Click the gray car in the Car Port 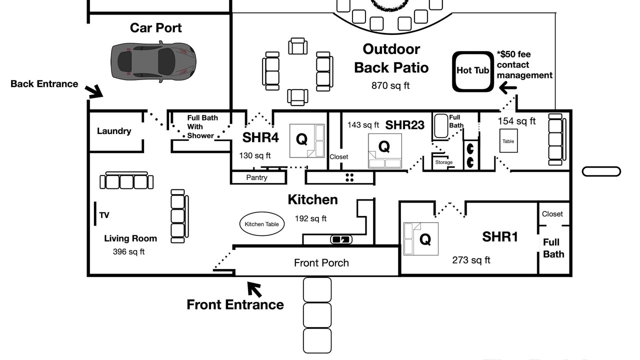coord(153,61)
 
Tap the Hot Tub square coord(473,71)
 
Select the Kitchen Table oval coord(261,224)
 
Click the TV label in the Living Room coord(104,215)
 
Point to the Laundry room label coord(114,131)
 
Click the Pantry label coord(256,177)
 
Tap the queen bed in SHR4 coord(307,141)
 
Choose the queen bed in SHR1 coord(421,239)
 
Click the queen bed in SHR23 coord(385,151)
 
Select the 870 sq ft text coord(390,85)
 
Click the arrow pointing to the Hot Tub coord(507,87)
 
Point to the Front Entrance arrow coord(254,289)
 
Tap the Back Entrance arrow coord(94,91)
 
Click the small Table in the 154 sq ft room coord(508,141)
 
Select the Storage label coord(443,162)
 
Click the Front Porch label coord(321,263)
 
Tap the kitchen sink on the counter coord(341,239)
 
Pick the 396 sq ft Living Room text coord(128,251)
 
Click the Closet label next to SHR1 coord(552,214)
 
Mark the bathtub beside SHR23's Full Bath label coord(441,126)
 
